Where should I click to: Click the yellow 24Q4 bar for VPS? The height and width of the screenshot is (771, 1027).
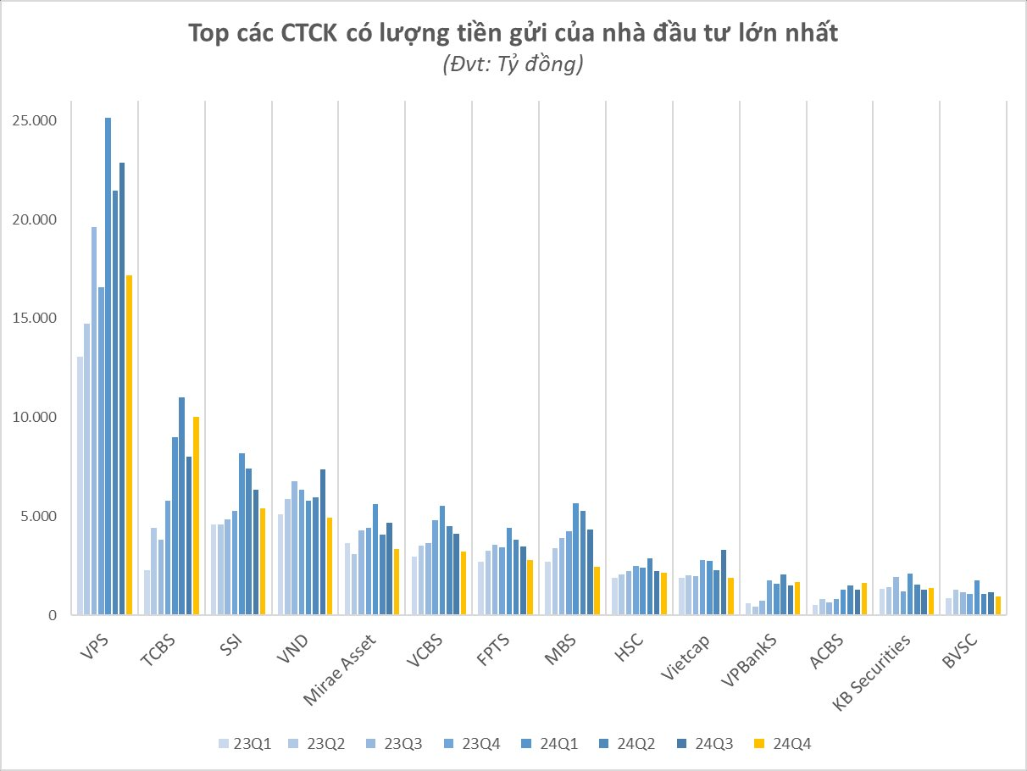129,445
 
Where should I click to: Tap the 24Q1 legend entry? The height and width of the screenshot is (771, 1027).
554,744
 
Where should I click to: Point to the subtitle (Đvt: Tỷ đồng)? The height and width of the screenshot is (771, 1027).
513,65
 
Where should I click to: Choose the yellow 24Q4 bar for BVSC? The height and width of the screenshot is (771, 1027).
998,606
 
